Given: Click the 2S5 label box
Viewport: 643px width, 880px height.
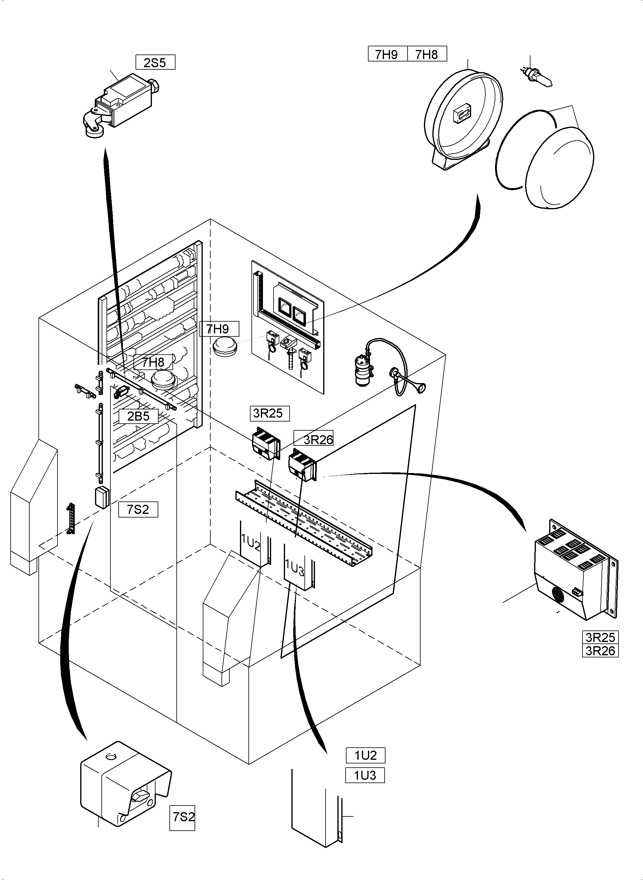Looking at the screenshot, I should [155, 62].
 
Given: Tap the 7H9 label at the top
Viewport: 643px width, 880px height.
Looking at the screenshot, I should [387, 54].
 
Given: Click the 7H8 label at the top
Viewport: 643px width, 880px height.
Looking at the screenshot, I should [427, 54].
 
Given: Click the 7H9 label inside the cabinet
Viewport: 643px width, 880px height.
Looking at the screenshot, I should [219, 329].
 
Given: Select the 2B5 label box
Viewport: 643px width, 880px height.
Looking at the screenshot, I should [138, 416].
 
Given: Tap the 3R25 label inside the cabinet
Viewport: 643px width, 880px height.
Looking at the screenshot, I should [269, 413].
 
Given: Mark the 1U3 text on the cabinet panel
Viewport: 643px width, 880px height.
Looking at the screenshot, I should [295, 568].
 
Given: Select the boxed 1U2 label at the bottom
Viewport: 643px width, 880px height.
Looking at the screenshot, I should [366, 755].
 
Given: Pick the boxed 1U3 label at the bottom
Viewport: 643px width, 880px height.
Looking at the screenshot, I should [365, 775].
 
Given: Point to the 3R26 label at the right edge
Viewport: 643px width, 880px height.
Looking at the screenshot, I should [600, 650].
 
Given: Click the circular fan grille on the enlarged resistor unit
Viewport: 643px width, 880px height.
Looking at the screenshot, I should [558, 594].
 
